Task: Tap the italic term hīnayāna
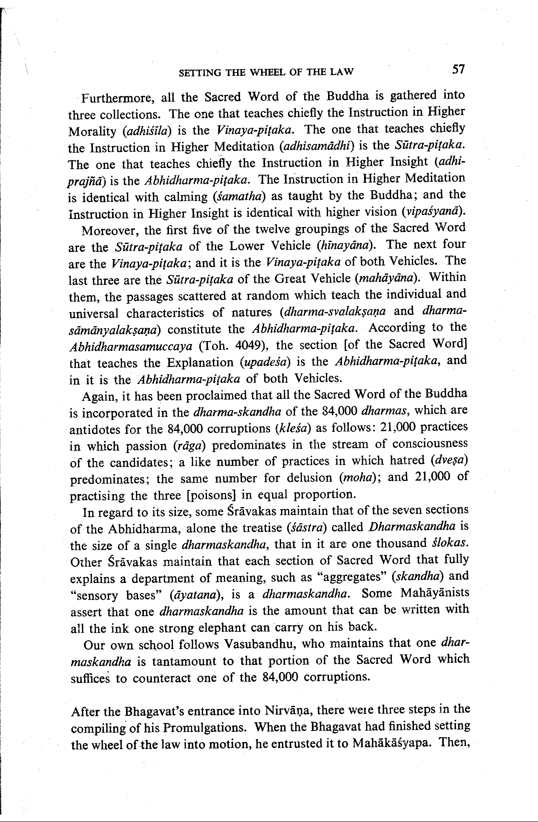[345, 246]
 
